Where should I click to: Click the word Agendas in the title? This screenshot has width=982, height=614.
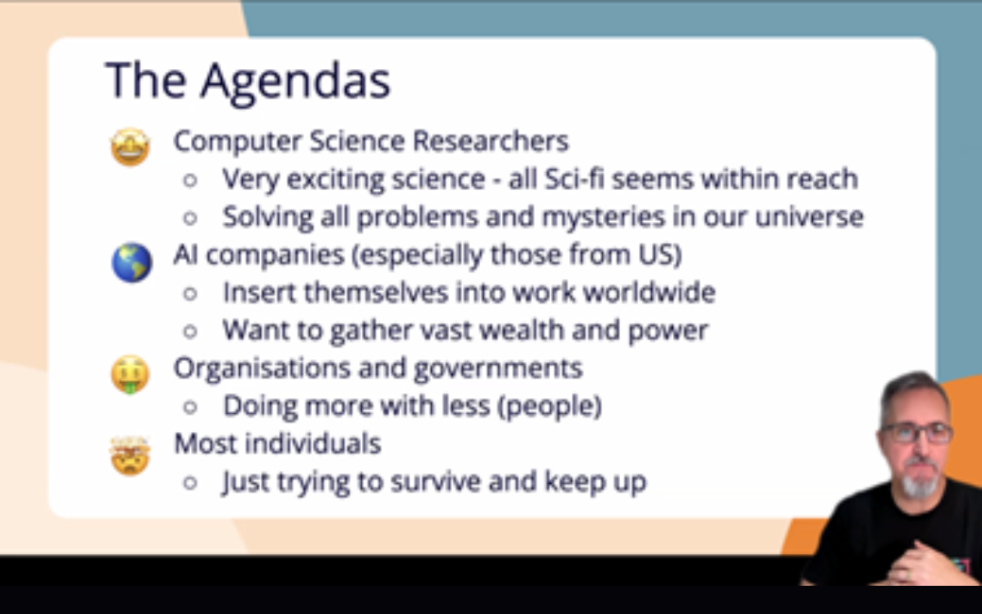[295, 82]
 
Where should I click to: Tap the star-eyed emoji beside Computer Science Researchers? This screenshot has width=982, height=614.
[130, 146]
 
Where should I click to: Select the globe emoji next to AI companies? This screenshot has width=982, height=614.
[132, 263]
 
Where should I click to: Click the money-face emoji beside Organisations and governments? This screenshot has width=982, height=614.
[130, 375]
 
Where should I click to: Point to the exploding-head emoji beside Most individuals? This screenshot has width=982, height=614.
[130, 455]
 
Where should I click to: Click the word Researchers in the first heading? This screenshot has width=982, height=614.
[490, 141]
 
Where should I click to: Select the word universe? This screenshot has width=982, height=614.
[809, 216]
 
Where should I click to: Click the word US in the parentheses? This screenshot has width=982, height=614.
[659, 255]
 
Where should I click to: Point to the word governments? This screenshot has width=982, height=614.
[498, 368]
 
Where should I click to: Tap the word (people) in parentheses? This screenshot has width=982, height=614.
[549, 407]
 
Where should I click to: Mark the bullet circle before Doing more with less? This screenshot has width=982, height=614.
[190, 408]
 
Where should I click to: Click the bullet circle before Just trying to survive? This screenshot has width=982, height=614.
[190, 483]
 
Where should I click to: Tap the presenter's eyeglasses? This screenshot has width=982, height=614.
[916, 432]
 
